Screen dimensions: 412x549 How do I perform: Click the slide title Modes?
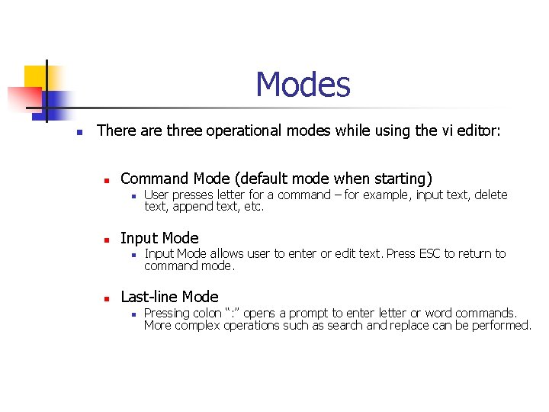(x=303, y=84)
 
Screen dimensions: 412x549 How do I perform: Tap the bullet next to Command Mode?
(x=108, y=180)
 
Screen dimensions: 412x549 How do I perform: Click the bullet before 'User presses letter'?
(x=133, y=196)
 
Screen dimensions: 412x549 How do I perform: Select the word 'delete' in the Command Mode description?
(x=490, y=195)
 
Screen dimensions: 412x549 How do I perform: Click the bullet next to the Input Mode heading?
(x=108, y=239)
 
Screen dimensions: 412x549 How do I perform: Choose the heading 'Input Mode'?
(x=159, y=238)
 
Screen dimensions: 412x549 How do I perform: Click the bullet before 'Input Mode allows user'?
(x=133, y=255)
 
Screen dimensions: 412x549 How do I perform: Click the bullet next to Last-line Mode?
(x=108, y=298)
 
